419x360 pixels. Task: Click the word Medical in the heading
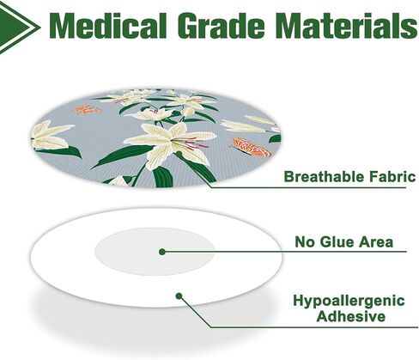point(108,26)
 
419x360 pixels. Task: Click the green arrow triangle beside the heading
point(19,27)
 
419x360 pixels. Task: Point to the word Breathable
point(325,176)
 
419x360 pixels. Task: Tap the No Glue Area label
point(344,241)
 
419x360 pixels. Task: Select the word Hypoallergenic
point(349,302)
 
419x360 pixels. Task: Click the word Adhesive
point(350,316)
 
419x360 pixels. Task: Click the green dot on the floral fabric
point(179,154)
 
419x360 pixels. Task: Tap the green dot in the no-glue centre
point(162,252)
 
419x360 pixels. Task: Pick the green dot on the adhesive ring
point(179,296)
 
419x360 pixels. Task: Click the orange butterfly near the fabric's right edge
point(251,147)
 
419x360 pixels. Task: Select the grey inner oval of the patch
point(155,252)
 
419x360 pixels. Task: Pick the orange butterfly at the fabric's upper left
point(88,110)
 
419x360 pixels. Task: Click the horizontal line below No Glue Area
point(284,252)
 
